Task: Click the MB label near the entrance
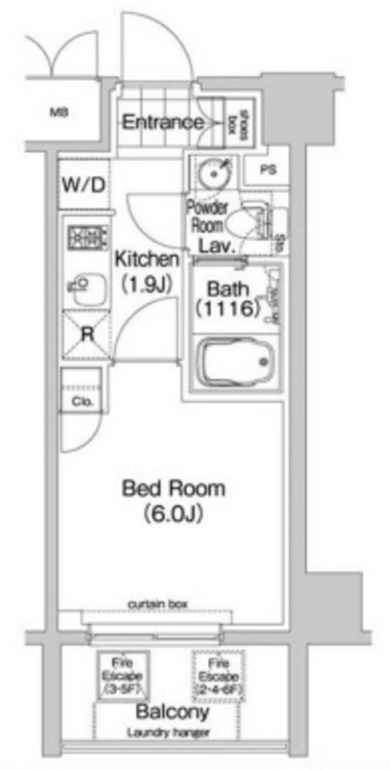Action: coord(58,114)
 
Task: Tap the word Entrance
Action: coord(163,122)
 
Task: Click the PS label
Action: coord(268,170)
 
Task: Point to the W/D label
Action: coord(83,183)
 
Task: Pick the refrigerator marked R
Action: coord(86,334)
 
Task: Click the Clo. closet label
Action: coord(83,402)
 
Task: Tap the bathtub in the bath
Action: coord(234,363)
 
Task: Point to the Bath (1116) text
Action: coord(227,298)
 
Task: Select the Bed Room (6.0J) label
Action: coord(173,500)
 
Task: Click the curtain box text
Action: coord(158,603)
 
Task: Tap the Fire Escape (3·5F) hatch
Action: coord(123,675)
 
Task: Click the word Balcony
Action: coord(172,712)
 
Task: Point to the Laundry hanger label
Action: coord(168,733)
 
